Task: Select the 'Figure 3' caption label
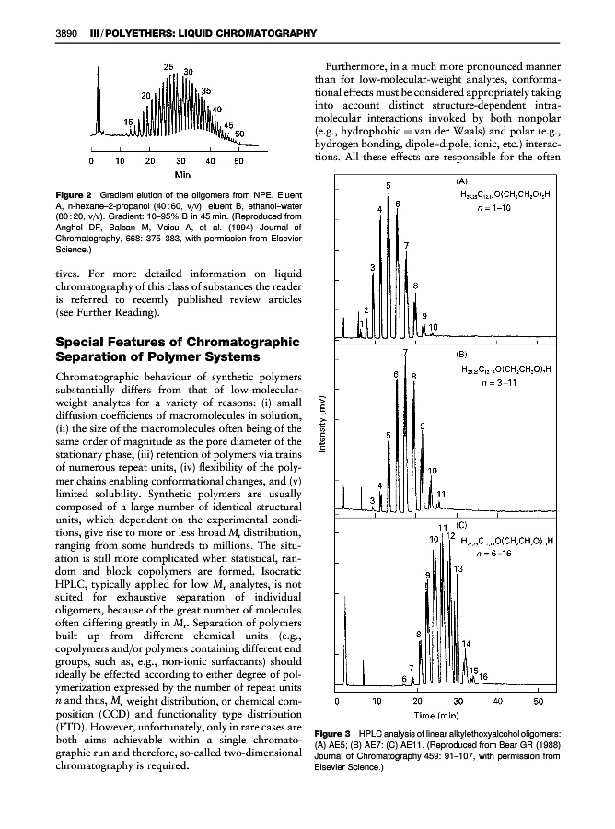[x=339, y=745]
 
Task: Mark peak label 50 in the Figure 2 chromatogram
[x=238, y=134]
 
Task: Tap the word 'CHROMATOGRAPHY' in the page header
[x=265, y=34]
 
